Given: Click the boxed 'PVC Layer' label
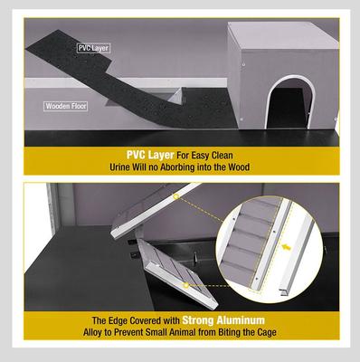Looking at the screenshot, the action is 93,48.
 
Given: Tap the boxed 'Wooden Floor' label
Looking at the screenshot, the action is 66,106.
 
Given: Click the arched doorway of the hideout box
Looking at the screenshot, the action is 289,103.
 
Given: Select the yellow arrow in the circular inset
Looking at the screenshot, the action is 287,248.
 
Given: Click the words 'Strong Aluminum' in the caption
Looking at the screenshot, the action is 223,320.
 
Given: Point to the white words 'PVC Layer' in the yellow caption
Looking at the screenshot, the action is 150,155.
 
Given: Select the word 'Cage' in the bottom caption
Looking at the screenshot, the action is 267,332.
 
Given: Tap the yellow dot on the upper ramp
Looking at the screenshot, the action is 176,196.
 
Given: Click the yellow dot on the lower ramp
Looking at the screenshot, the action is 186,285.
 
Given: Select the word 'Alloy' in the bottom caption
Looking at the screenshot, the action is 92,333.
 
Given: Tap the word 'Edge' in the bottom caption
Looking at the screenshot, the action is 118,320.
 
